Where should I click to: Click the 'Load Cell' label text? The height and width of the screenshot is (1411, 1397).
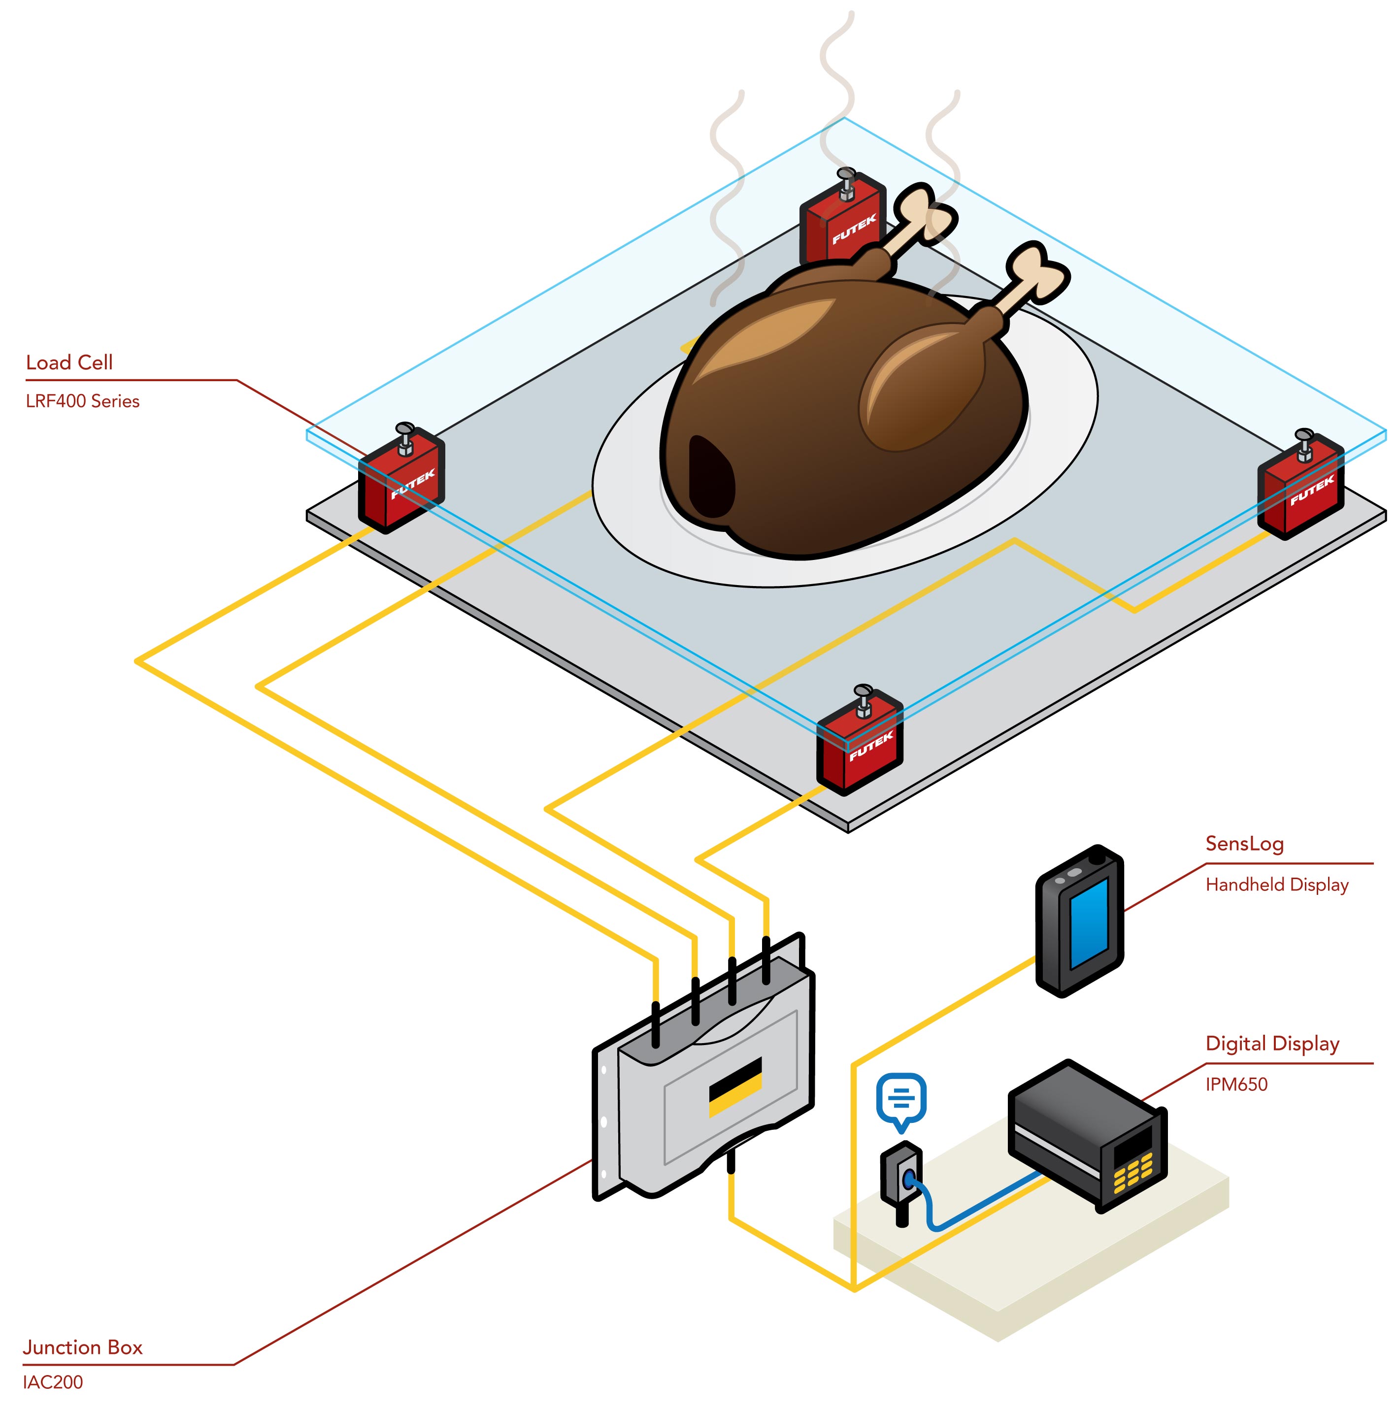tap(69, 363)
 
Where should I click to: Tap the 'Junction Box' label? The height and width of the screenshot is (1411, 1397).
tap(83, 1347)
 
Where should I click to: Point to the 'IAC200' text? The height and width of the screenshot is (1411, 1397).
tap(53, 1382)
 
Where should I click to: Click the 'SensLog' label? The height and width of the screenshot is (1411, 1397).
tap(1244, 844)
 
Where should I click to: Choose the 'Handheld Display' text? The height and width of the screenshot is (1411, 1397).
tap(1276, 885)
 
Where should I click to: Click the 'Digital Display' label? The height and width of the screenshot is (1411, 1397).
tap(1272, 1044)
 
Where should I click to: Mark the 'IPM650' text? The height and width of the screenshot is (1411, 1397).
tap(1236, 1084)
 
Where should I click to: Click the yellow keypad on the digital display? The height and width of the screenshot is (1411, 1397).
tap(1132, 1174)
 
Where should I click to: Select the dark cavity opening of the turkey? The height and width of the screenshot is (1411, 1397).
tap(710, 478)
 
